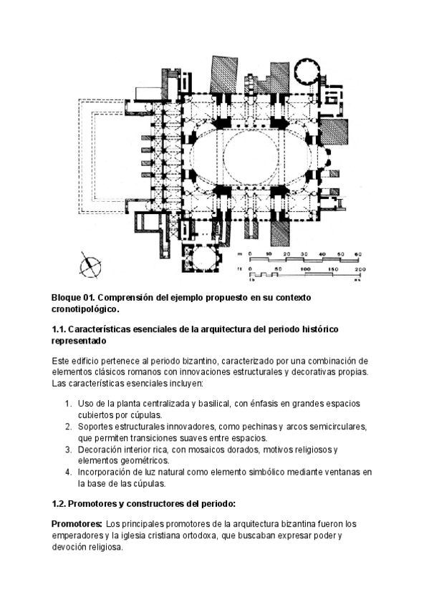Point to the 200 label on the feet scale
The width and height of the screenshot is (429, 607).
(360, 268)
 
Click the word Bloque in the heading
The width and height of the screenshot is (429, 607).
(68, 297)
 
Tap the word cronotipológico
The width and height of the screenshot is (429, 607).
(85, 309)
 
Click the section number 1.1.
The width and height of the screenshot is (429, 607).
(61, 329)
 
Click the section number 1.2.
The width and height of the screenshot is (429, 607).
(61, 503)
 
